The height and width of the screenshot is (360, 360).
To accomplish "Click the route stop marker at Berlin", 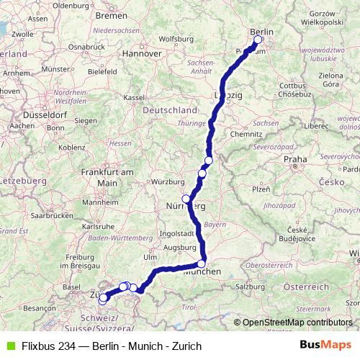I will click(x=258, y=40).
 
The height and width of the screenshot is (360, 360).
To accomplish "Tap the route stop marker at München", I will click(x=202, y=264).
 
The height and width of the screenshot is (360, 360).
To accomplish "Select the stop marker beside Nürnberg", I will click(x=186, y=199).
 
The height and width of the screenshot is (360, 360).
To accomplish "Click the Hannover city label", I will click(x=141, y=53).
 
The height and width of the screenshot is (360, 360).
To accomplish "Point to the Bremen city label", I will click(x=111, y=15).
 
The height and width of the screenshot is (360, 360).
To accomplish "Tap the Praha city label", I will click(x=296, y=159).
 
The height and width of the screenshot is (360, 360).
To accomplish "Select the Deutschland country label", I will click(x=171, y=110).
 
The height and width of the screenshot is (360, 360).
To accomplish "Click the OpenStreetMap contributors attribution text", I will click(x=297, y=323).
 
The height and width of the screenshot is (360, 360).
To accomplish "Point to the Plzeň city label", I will click(x=261, y=189).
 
